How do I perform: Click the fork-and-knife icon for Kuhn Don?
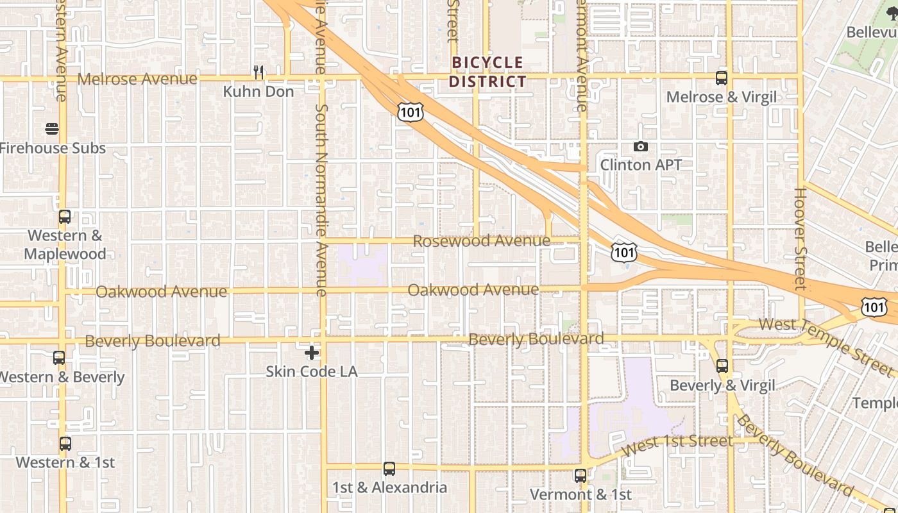coord(258,72)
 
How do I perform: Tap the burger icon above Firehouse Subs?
coord(53,129)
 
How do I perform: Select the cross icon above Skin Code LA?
coord(312,352)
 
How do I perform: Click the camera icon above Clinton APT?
coord(640,147)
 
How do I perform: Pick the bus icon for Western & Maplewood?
coord(65,217)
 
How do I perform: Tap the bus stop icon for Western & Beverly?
coord(59,358)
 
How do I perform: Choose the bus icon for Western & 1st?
coord(65,443)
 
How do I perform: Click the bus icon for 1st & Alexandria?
coord(389,469)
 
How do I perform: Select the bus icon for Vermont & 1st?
coord(580,476)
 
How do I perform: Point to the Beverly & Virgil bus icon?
coord(722,366)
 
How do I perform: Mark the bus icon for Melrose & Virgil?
coord(722,78)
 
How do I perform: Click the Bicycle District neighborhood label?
coord(487,72)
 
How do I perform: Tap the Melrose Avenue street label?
coord(137,79)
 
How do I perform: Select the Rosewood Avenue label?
coord(482,241)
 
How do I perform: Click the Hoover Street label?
coord(800,239)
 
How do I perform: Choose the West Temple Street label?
coord(826,345)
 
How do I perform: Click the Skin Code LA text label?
coord(312,371)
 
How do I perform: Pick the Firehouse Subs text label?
coord(53,148)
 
